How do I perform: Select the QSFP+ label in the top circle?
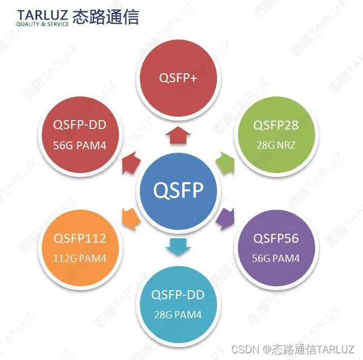click(x=178, y=78)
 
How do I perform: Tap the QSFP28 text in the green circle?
click(x=276, y=125)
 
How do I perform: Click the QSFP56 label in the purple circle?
click(x=276, y=238)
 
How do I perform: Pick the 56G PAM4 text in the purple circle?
click(x=276, y=259)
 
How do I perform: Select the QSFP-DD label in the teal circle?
click(x=178, y=295)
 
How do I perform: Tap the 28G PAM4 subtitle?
click(x=178, y=315)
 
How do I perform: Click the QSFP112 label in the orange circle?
click(x=80, y=238)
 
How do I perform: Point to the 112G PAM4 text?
click(x=80, y=259)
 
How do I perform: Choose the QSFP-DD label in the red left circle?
click(x=80, y=125)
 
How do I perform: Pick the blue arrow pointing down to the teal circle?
click(x=178, y=246)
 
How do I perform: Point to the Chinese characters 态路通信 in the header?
click(x=106, y=16)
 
